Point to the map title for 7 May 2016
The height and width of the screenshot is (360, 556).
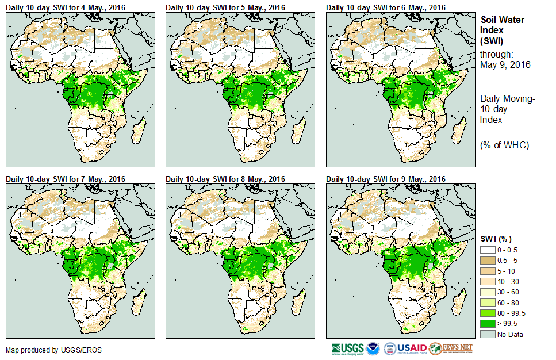pyautogui.click(x=66, y=179)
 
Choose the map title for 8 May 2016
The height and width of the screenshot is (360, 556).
pyautogui.click(x=226, y=179)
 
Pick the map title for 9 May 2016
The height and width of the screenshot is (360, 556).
pyautogui.click(x=386, y=179)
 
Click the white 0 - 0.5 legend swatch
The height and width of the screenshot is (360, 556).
pyautogui.click(x=489, y=250)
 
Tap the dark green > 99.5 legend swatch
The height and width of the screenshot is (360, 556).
pyautogui.click(x=489, y=323)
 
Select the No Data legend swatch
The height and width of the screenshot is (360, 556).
pyautogui.click(x=489, y=334)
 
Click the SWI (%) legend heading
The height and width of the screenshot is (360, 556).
pyautogui.click(x=496, y=239)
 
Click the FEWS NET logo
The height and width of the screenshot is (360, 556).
pyautogui.click(x=451, y=348)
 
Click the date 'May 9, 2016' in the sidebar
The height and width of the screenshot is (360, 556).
pyautogui.click(x=504, y=64)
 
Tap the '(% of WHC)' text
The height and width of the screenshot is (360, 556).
pyautogui.click(x=504, y=145)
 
